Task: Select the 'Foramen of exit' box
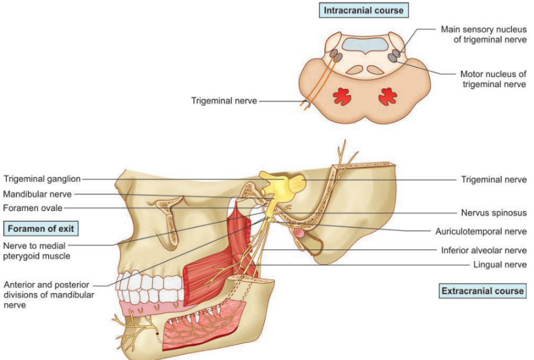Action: [41, 227]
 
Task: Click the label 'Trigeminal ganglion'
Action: [41, 179]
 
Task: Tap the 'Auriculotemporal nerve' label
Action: [481, 231]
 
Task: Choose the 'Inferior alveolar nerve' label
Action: [483, 251]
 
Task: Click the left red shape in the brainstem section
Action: [342, 96]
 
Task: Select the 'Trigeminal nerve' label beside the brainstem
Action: [224, 100]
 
